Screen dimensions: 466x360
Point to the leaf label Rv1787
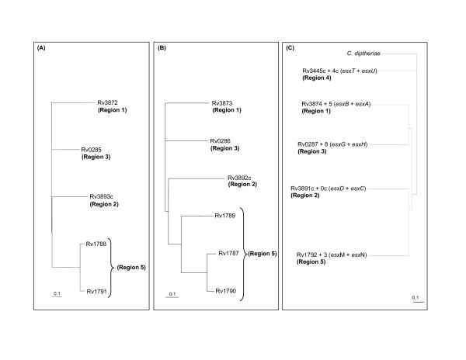tap(229, 253)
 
